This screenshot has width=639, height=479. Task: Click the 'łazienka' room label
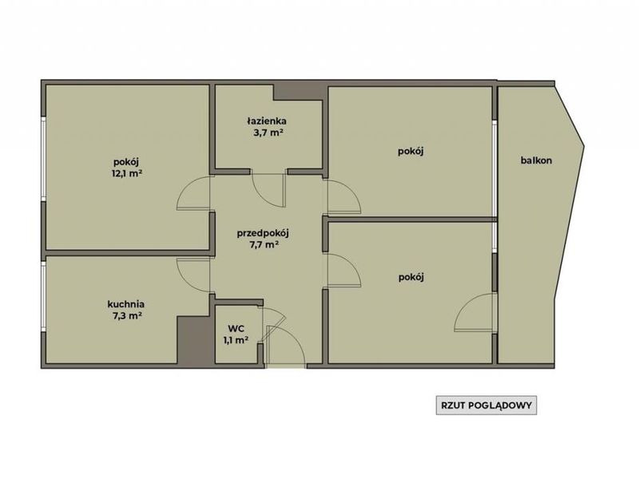click(267, 121)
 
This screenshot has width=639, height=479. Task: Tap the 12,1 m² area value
click(127, 173)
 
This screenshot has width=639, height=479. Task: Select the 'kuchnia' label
click(126, 304)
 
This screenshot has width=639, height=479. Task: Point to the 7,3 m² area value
click(127, 315)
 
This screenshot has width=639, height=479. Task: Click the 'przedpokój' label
click(264, 233)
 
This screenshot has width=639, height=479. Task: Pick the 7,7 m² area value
click(264, 245)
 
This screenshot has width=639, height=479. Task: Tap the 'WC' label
click(236, 329)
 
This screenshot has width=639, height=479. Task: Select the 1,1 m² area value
click(236, 340)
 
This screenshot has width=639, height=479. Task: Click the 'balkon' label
click(536, 160)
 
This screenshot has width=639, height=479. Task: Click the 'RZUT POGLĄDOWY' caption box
click(486, 406)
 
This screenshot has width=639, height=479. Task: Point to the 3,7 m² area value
click(268, 133)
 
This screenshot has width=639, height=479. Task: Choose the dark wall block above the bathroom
click(300, 92)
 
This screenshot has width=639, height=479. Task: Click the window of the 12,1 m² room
click(43, 159)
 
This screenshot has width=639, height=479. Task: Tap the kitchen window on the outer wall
click(43, 297)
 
